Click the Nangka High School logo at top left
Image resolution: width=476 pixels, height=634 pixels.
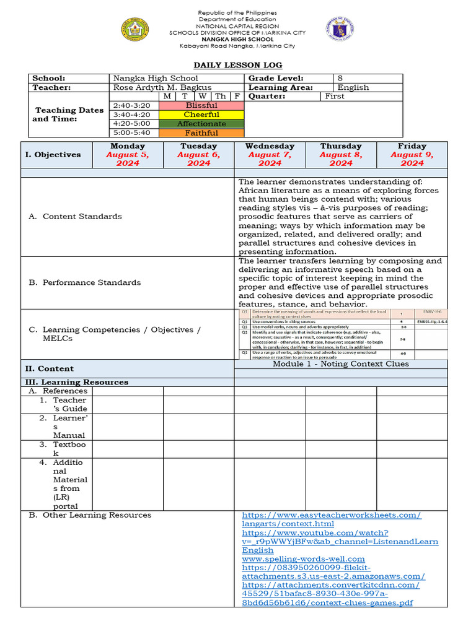coord(135,28)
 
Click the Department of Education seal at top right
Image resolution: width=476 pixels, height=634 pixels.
coord(340,28)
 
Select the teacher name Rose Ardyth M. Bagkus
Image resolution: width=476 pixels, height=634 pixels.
coord(162,87)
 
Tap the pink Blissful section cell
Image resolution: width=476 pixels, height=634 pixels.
coord(202,105)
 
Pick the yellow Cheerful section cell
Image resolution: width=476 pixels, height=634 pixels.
coord(202,115)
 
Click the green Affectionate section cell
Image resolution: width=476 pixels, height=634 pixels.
coord(202,124)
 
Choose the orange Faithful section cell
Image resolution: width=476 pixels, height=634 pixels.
coord(202,132)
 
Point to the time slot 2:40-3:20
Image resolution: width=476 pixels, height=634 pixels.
coord(132,105)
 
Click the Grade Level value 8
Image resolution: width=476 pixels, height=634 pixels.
coord(340,78)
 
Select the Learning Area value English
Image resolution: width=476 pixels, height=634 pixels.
coord(353,87)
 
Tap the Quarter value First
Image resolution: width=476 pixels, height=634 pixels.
coord(335,96)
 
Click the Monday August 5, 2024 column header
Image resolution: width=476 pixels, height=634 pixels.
coord(128,154)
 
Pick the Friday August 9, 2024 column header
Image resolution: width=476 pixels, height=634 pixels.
coord(412,154)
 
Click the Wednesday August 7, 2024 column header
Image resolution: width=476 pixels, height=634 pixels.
coord(270,154)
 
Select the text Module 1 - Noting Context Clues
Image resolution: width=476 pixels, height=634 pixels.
coord(341,363)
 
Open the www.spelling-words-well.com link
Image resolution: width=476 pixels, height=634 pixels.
coord(303,558)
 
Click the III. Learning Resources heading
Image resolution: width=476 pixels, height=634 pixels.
coord(76,382)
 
